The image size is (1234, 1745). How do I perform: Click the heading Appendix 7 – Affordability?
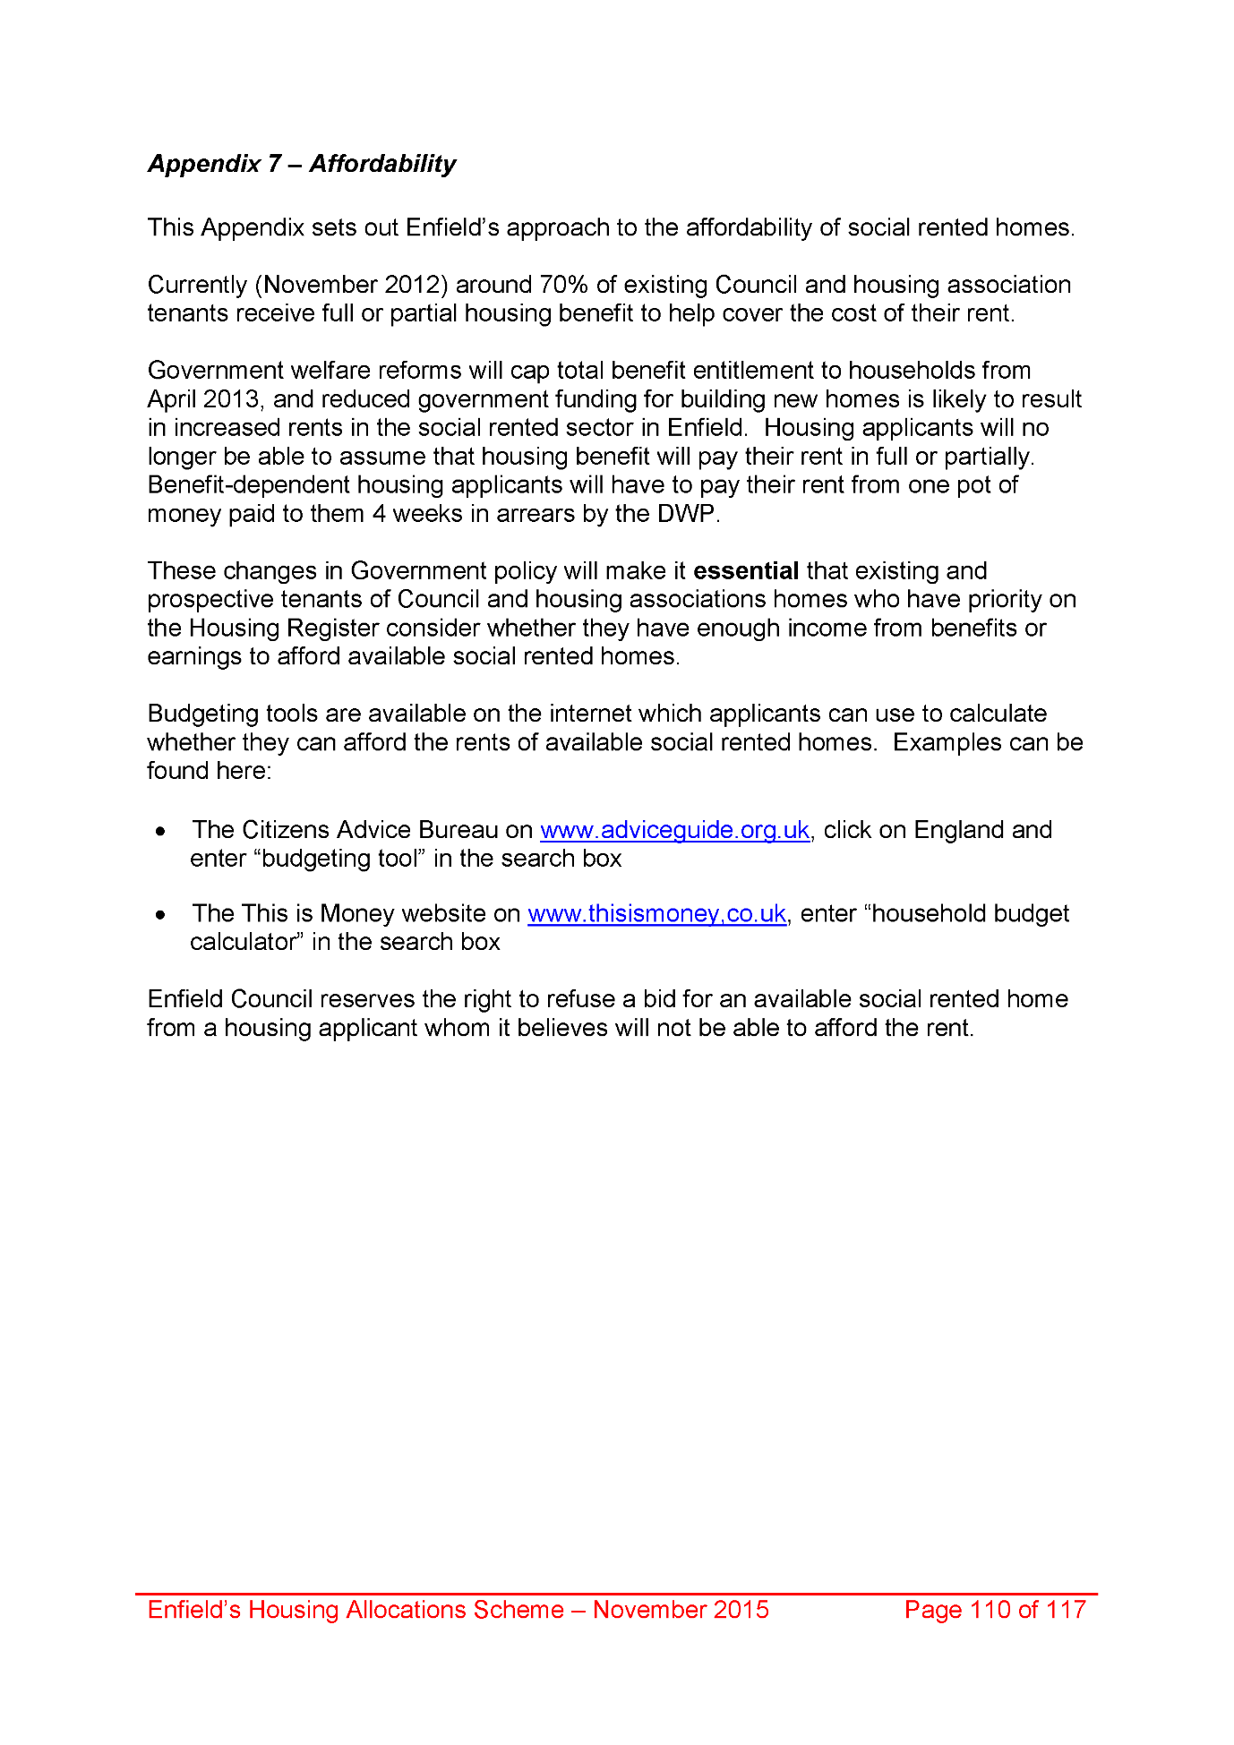(302, 164)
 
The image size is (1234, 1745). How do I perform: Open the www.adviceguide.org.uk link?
(674, 830)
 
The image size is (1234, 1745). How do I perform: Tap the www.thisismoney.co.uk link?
(656, 913)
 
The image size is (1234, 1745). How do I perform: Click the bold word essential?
(746, 571)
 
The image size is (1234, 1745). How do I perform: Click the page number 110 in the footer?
(990, 1610)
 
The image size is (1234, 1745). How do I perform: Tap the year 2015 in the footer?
(741, 1610)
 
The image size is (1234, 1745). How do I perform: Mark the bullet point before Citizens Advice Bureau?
(160, 832)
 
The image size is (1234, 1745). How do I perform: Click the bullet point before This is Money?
(160, 915)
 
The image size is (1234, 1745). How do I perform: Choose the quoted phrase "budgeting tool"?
(339, 859)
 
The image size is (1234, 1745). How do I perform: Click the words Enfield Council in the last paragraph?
(230, 999)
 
